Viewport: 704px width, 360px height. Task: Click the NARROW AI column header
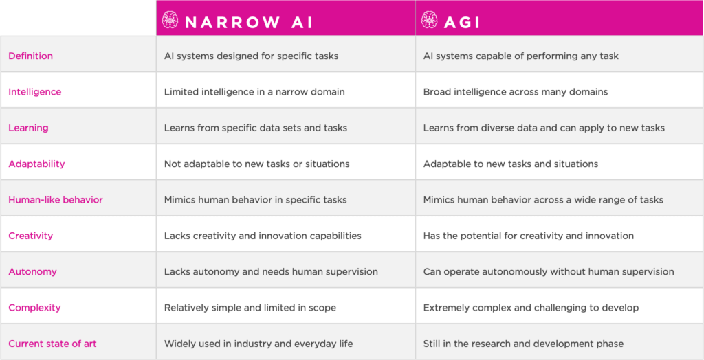(x=248, y=21)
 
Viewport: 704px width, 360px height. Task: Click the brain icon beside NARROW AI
(x=170, y=21)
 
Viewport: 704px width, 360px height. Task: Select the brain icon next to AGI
(x=430, y=21)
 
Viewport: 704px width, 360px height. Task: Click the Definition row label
(x=30, y=56)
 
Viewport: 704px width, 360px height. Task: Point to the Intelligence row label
(x=34, y=92)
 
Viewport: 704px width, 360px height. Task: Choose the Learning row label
(x=28, y=128)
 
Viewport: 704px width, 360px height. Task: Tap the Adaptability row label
(x=36, y=164)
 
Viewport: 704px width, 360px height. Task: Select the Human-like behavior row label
(x=56, y=200)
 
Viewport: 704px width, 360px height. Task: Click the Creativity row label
(x=30, y=236)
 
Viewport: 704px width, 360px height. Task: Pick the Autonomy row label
(x=32, y=271)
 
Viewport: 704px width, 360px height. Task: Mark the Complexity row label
(x=34, y=308)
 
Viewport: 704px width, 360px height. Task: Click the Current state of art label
(x=52, y=344)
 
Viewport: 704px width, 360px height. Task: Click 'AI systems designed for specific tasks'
(x=251, y=56)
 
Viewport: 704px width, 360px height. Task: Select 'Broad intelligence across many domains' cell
(x=516, y=92)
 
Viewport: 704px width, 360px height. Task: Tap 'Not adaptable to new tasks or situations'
(x=256, y=164)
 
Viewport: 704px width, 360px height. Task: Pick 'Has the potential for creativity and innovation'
(x=528, y=236)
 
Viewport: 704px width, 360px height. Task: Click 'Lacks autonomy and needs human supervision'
(x=271, y=271)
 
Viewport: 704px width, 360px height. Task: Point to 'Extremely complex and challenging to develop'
(x=531, y=308)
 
